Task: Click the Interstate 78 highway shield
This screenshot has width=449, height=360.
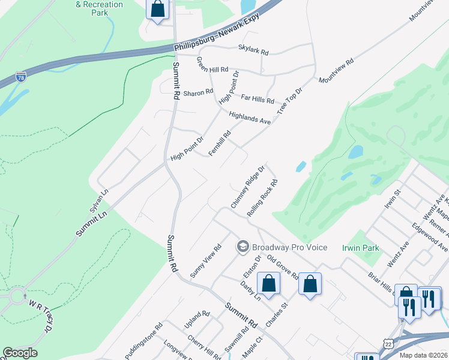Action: [x=21, y=77]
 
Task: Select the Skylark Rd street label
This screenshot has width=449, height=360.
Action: [x=253, y=51]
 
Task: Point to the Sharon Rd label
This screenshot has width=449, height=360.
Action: [x=198, y=92]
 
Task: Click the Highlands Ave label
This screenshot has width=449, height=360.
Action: [x=250, y=116]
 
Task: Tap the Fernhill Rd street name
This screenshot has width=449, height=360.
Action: [x=220, y=144]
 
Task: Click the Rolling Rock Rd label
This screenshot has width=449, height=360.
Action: [x=262, y=198]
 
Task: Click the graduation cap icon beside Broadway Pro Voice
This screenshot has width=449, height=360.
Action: [x=243, y=246]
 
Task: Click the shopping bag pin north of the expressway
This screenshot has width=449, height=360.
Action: [x=158, y=9]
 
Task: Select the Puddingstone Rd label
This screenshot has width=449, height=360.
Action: [x=144, y=342]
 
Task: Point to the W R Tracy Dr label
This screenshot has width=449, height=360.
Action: [x=40, y=317]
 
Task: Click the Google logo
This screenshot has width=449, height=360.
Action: [x=20, y=353]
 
